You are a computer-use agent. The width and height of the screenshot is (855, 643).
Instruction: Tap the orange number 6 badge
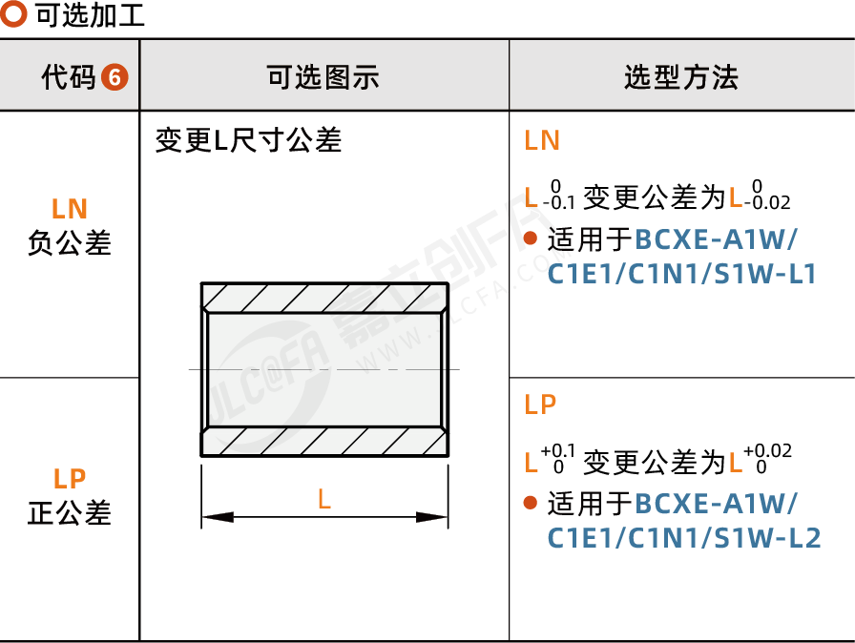pyautogui.click(x=115, y=77)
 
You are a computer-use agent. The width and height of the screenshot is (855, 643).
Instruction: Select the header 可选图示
pyautogui.click(x=323, y=77)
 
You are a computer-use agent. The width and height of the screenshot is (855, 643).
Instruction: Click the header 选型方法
pyautogui.click(x=681, y=77)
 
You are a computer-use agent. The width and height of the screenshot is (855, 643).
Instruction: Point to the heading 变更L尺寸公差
pyautogui.click(x=249, y=140)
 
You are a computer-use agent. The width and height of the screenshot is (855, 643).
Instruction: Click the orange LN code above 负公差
pyautogui.click(x=70, y=209)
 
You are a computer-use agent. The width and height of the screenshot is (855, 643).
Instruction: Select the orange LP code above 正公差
pyautogui.click(x=70, y=479)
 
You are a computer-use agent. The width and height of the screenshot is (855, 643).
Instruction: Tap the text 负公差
pyautogui.click(x=70, y=242)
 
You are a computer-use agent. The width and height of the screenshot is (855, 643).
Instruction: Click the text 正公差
pyautogui.click(x=70, y=512)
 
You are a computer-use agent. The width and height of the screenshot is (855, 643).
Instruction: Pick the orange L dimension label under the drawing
pyautogui.click(x=324, y=499)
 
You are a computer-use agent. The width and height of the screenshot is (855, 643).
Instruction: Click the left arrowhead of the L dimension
pyautogui.click(x=218, y=517)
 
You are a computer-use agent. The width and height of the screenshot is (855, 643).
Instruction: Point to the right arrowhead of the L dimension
pyautogui.click(x=432, y=517)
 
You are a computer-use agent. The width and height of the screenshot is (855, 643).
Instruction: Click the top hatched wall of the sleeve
pyautogui.click(x=325, y=298)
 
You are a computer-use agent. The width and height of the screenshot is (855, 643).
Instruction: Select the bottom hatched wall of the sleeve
pyautogui.click(x=325, y=442)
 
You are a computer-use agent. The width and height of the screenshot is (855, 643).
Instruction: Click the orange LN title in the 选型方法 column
pyautogui.click(x=542, y=140)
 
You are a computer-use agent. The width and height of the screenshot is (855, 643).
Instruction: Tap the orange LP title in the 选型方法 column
pyautogui.click(x=540, y=404)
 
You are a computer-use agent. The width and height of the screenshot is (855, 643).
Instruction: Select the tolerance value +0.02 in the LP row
pyautogui.click(x=768, y=450)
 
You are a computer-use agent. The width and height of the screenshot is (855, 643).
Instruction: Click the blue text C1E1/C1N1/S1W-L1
pyautogui.click(x=681, y=274)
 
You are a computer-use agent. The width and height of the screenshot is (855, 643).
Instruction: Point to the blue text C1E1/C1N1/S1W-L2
pyautogui.click(x=684, y=538)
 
